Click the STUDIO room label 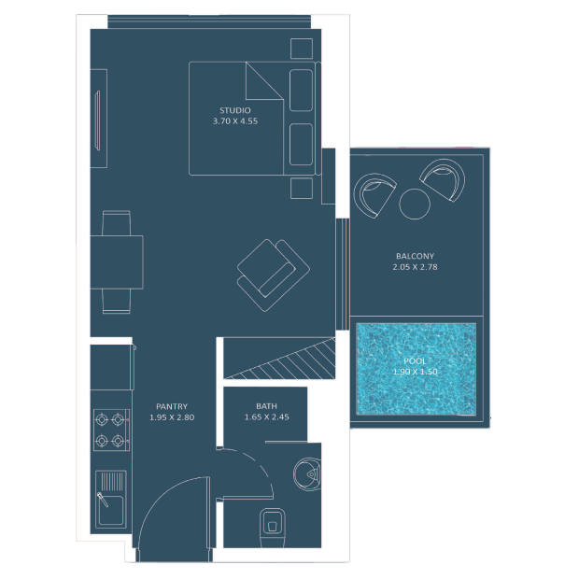[235, 110]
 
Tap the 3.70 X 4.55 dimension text [235, 121]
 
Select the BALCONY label [415, 256]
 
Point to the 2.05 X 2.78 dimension [415, 267]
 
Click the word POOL [415, 360]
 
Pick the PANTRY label [172, 406]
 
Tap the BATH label [266, 406]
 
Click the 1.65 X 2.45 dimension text [266, 417]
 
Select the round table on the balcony [415, 204]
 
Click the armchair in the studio [274, 275]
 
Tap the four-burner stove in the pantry [111, 430]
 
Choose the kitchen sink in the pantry [111, 499]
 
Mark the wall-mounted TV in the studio [97, 120]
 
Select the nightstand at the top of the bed [302, 49]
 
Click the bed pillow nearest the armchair [302, 145]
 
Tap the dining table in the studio [117, 262]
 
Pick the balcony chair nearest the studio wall [374, 195]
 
